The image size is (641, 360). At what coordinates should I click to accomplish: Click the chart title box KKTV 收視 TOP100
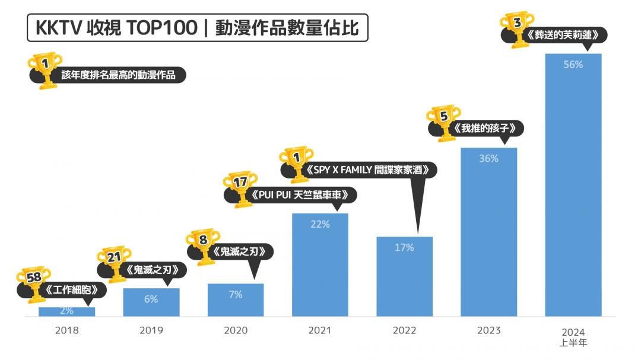[x=197, y=28]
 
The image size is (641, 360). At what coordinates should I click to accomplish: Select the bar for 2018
[x=66, y=311]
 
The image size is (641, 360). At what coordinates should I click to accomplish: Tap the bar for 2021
[x=320, y=267]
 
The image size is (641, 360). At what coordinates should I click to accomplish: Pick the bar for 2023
[x=488, y=237]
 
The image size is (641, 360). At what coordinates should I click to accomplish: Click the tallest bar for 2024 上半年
[x=573, y=190]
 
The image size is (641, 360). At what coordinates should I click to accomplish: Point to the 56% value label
[x=573, y=65]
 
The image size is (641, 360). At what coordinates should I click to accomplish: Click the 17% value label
[x=404, y=248]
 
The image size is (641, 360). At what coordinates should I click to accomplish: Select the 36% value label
[x=488, y=159]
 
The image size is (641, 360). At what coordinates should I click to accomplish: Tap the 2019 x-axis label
[x=151, y=330]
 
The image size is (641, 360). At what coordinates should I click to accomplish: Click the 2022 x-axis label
[x=404, y=330]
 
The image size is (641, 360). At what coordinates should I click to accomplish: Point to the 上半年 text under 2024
[x=573, y=342]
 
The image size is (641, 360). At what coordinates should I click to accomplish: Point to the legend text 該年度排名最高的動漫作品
[x=118, y=75]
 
